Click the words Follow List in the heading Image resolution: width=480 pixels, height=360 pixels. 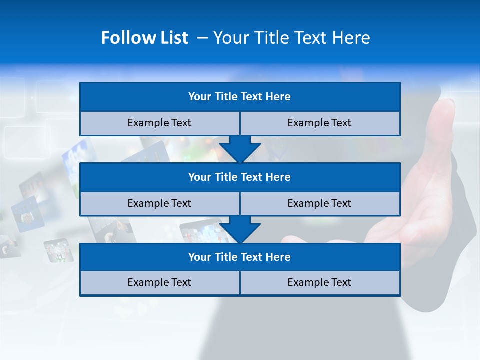pyautogui.click(x=144, y=38)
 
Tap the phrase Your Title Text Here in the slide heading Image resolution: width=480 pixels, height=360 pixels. pyautogui.click(x=292, y=38)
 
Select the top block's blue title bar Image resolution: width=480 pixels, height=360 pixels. pyautogui.click(x=240, y=96)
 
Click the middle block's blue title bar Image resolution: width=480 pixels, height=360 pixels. pyautogui.click(x=240, y=177)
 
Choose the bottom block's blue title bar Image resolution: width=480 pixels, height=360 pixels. pyautogui.click(x=240, y=257)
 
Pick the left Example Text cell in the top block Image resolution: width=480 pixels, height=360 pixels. pyautogui.click(x=159, y=123)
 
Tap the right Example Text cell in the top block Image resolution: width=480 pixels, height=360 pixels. pyautogui.click(x=319, y=123)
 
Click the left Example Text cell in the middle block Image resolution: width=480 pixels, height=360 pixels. pyautogui.click(x=159, y=203)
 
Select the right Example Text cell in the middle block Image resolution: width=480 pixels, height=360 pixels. pyautogui.click(x=319, y=203)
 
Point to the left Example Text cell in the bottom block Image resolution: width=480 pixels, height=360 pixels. pyautogui.click(x=159, y=282)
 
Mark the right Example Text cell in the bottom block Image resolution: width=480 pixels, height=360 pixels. pyautogui.click(x=319, y=282)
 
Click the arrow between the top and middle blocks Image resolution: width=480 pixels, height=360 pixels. pyautogui.click(x=240, y=149)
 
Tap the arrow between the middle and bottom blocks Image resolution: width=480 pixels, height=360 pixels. pyautogui.click(x=240, y=229)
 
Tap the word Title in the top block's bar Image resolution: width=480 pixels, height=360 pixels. pyautogui.click(x=226, y=96)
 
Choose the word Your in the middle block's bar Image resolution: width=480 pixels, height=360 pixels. pyautogui.click(x=199, y=177)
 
